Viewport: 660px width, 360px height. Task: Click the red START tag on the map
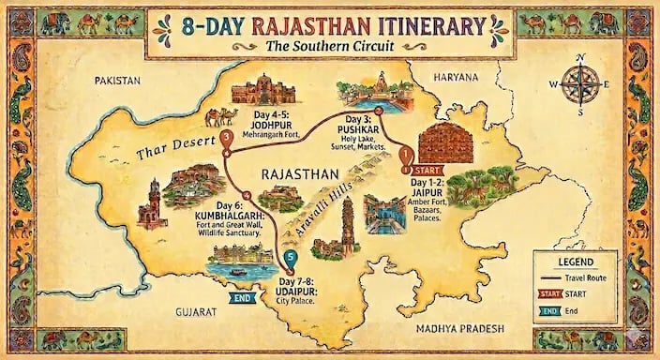click(425, 171)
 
